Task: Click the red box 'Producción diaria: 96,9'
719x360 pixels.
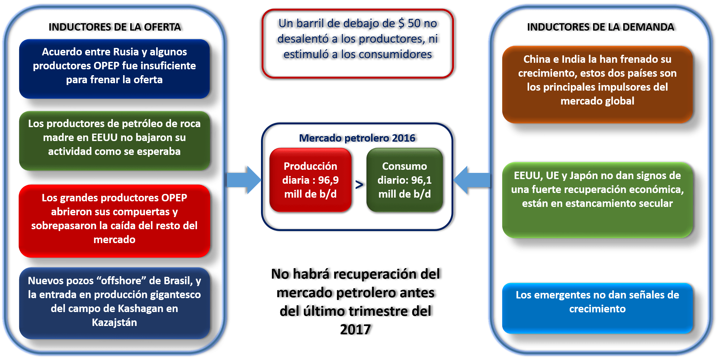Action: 310,180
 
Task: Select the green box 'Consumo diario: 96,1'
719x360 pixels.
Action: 404,180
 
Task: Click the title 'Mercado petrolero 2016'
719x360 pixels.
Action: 358,138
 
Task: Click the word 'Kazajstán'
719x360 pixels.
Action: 114,323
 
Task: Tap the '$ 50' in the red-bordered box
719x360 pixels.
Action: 409,24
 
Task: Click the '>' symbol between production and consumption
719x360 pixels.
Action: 359,185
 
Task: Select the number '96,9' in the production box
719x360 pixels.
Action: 328,180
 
